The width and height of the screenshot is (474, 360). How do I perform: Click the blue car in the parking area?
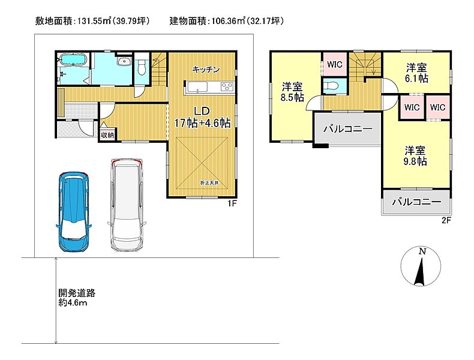74,212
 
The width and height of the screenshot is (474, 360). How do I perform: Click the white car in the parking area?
127,205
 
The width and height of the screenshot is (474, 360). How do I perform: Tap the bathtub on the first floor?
73,59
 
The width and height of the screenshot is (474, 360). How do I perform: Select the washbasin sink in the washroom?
124,61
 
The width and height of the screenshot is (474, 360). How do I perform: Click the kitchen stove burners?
227,87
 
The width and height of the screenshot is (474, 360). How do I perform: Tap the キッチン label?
206,70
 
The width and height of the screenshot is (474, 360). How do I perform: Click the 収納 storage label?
107,135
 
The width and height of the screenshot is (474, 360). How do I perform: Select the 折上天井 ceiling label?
209,183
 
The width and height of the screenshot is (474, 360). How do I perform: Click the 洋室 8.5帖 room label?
292,92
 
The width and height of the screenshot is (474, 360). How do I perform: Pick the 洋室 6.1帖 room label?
416,73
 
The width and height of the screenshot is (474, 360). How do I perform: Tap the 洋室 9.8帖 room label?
415,155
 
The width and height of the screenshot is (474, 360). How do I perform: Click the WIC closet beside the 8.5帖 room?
335,64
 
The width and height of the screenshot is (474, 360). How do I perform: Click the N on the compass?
422,251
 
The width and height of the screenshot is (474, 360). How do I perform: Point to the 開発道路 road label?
77,293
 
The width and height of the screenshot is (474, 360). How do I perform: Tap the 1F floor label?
232,203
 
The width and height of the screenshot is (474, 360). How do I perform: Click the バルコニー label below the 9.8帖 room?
416,202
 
